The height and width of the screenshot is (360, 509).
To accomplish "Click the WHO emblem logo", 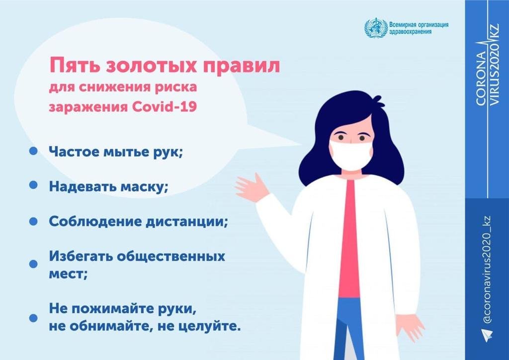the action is pyautogui.click(x=376, y=28).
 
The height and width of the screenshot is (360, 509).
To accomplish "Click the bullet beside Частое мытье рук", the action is pyautogui.click(x=33, y=151).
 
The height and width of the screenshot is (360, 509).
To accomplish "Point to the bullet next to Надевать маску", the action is pyautogui.click(x=33, y=184).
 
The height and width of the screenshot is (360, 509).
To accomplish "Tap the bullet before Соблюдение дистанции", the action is pyautogui.click(x=33, y=221).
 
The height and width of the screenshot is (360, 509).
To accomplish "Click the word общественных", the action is pyautogui.click(x=171, y=257).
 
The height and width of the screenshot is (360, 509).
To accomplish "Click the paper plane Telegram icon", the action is pyautogui.click(x=487, y=334).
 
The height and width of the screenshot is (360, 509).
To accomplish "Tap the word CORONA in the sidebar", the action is pyautogui.click(x=481, y=78).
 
